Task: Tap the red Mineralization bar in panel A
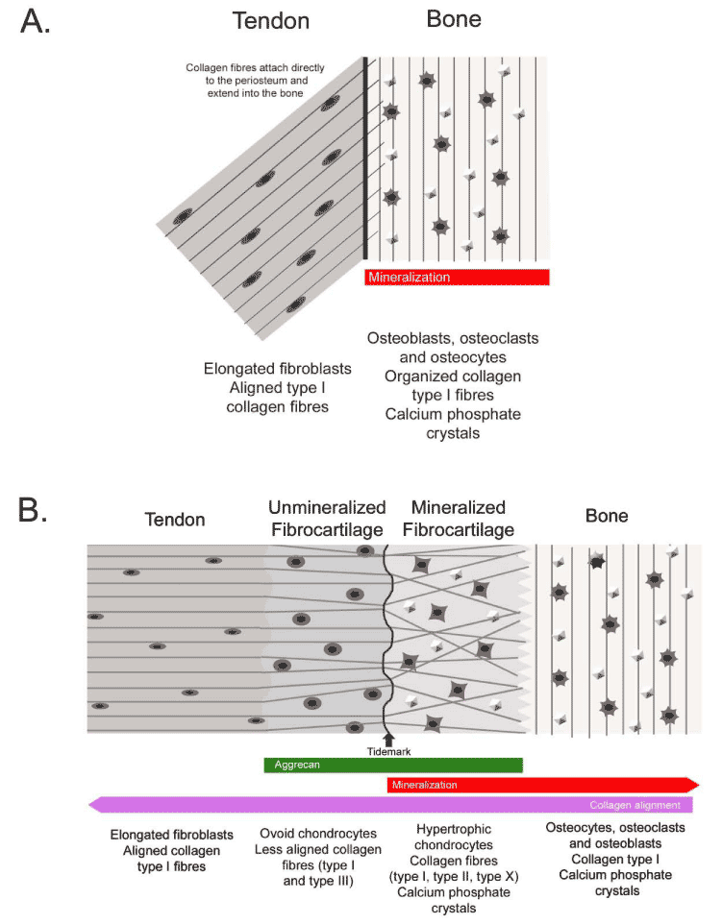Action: (457, 278)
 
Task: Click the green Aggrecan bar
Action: (392, 765)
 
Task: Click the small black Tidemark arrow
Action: (388, 739)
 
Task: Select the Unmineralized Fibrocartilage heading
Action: (328, 519)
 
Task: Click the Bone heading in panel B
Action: (607, 517)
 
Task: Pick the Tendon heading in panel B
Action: (174, 520)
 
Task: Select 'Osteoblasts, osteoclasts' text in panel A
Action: (453, 338)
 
